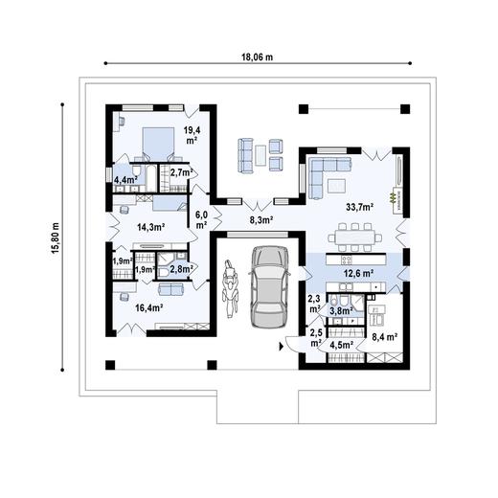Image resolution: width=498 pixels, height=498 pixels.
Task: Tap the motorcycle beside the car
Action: coord(229,291)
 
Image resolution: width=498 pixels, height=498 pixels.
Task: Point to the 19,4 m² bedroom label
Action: coord(192,135)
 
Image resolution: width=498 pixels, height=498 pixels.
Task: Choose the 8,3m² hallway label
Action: coord(261,220)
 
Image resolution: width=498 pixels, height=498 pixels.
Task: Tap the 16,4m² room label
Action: coord(147,307)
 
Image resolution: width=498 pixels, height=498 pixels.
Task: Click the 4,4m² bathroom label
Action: coord(125,179)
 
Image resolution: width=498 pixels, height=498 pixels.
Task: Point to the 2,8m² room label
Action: coord(182,271)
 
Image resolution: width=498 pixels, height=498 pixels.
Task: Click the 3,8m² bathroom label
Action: coord(341,310)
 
